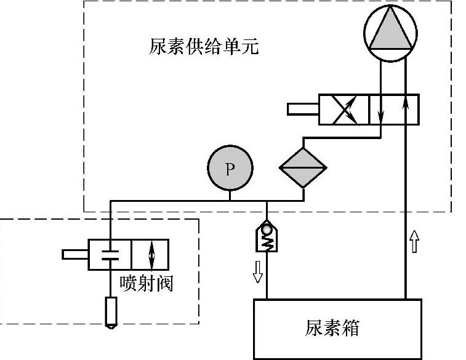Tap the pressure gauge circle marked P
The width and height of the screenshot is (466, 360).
[x=230, y=168]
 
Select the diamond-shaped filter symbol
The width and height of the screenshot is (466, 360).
[x=303, y=167]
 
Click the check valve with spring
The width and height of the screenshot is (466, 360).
[x=267, y=237]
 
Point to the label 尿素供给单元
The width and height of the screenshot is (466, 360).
[x=204, y=47]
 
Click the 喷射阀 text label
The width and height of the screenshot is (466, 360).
[x=147, y=283]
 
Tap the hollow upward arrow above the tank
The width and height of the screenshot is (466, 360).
[x=413, y=242]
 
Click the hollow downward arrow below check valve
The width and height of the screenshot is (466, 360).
[x=257, y=271]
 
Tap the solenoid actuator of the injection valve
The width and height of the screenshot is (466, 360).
[x=76, y=254]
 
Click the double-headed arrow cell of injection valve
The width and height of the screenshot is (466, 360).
[x=150, y=254]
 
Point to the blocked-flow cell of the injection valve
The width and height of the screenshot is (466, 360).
[x=110, y=254]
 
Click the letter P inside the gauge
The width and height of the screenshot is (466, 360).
[x=230, y=169]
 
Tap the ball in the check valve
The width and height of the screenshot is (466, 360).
[x=267, y=230]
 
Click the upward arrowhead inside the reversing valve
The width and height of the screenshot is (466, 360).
[x=405, y=100]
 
